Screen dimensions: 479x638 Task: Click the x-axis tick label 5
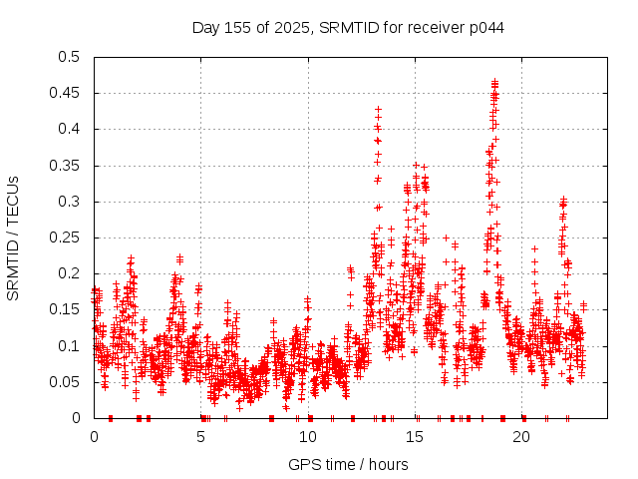point(201,437)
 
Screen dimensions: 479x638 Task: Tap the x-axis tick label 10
point(308,437)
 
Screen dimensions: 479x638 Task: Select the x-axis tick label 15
point(415,437)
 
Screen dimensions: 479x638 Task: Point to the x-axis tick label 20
point(521,437)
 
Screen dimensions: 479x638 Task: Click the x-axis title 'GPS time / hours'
point(348,464)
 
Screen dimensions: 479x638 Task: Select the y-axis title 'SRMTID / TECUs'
point(13,238)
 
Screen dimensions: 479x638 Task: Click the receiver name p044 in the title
point(486,27)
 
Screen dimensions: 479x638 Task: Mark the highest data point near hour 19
point(494,82)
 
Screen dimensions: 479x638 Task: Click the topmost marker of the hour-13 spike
point(378,108)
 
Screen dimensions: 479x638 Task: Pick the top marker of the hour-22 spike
point(563,200)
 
